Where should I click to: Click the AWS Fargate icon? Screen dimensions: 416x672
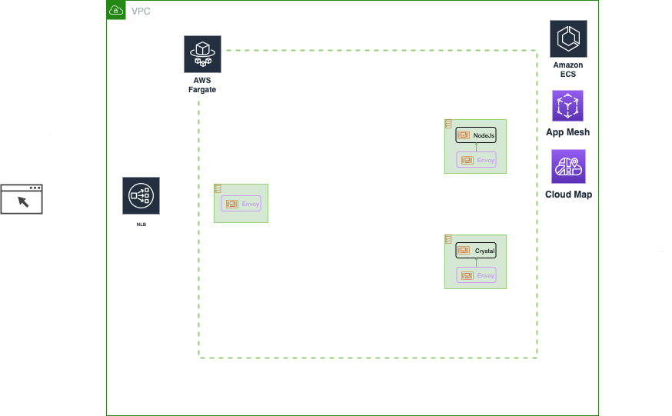tap(202, 54)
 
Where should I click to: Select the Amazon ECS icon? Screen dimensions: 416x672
tap(568, 39)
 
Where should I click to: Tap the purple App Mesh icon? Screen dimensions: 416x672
tap(567, 106)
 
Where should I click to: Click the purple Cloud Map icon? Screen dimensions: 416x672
tap(568, 166)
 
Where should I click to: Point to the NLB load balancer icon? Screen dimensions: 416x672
tap(141, 197)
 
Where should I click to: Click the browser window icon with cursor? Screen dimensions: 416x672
tap(22, 199)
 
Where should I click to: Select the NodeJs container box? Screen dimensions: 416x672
tap(476, 135)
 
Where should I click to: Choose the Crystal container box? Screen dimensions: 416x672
tap(476, 251)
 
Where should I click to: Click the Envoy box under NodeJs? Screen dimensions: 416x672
tap(476, 160)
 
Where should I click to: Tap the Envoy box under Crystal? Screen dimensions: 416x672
tap(476, 275)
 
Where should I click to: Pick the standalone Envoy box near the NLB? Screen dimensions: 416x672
tap(241, 204)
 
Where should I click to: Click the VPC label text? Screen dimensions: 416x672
tap(141, 11)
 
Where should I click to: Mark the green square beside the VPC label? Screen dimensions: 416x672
tap(116, 10)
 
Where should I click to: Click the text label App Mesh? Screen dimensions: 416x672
tap(567, 132)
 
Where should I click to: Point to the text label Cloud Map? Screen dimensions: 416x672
tap(568, 195)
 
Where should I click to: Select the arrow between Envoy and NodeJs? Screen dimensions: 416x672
tap(476, 148)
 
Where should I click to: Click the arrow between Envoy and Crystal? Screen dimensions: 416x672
tap(476, 263)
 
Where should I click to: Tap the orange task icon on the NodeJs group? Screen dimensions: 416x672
tap(448, 124)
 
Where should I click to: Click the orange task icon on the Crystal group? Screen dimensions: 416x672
tap(448, 240)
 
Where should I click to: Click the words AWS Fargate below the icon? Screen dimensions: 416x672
tap(202, 85)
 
